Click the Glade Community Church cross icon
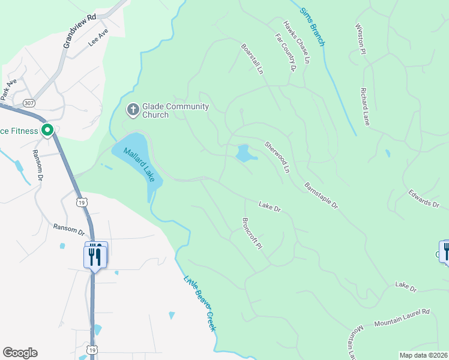pos(132,110)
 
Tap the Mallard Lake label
pos(136,164)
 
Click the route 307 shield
pos(28,104)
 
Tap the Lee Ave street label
pos(98,38)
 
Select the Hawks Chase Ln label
pos(297,42)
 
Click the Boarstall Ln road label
pos(252,58)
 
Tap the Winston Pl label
pos(360,40)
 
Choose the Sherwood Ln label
pos(277,157)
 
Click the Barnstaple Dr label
pos(322,196)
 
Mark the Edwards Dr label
pos(424,199)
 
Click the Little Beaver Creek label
pos(199,304)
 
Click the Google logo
pos(20,353)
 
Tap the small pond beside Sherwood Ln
pos(246,154)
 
